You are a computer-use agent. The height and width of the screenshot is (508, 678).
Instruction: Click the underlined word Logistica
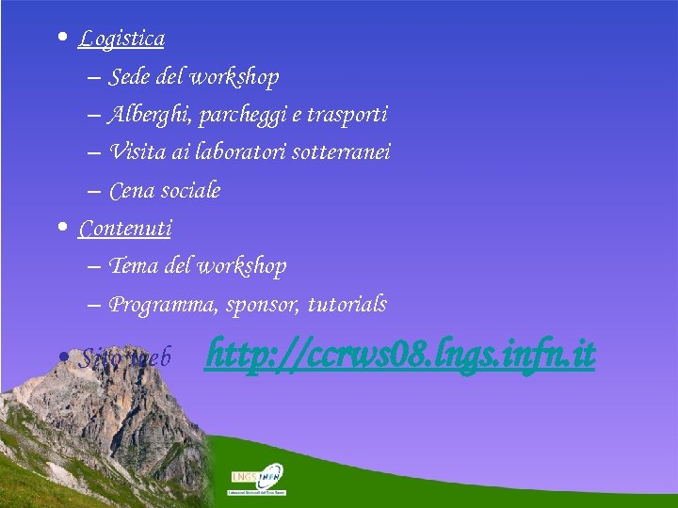point(121,39)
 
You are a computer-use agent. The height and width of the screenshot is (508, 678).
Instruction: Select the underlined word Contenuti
point(125,228)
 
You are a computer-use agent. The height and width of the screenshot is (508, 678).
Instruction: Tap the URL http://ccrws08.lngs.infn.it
point(400,355)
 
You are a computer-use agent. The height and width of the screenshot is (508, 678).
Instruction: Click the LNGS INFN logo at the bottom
point(258,479)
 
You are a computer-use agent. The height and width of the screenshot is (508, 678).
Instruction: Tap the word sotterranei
point(342,151)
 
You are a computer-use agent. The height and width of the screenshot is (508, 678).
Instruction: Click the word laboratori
point(244,151)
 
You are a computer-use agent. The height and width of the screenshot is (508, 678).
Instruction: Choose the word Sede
point(128,76)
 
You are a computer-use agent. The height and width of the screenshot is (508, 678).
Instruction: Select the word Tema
point(134,266)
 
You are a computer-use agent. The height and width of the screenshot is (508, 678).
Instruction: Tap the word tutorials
point(347,305)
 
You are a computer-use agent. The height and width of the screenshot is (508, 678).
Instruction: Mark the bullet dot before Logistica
point(61,39)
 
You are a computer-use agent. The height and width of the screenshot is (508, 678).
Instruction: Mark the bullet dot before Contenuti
point(61,228)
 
